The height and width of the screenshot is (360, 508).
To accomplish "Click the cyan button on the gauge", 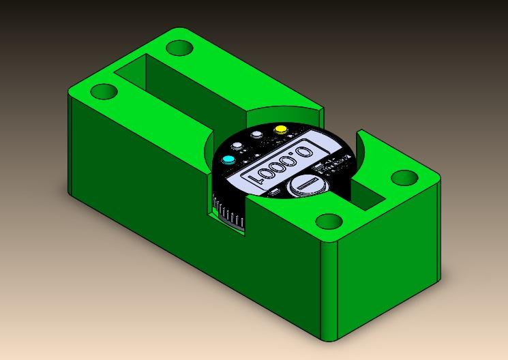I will pos(228,160).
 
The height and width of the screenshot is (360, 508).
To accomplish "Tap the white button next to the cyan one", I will pos(237,147).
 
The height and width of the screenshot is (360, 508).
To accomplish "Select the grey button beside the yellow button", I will pos(257,135).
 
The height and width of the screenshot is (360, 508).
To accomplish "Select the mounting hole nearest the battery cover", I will pos(329,222).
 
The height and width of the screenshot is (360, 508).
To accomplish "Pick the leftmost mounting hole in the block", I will pos(104,91).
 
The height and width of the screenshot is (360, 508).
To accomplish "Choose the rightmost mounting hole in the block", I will pos(404,178).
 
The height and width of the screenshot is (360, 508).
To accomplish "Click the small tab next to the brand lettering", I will pos(317,166).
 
